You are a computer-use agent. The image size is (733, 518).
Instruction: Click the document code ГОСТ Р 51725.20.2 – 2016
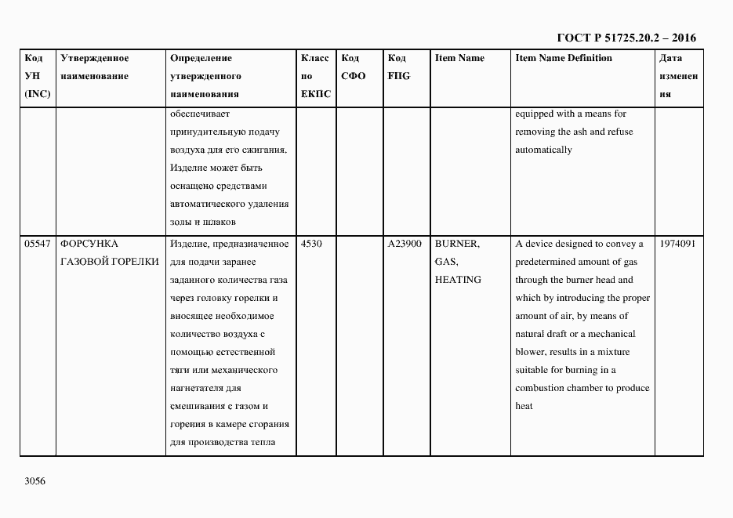(626, 38)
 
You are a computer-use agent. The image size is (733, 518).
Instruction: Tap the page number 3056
(35, 480)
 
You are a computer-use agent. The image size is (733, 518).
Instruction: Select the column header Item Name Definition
(564, 58)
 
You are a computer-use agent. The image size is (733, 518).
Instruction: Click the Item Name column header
(459, 58)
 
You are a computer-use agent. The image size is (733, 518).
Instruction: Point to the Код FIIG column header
(398, 67)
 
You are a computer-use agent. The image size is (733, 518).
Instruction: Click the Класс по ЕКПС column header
(316, 76)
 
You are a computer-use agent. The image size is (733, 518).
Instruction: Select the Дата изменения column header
(678, 76)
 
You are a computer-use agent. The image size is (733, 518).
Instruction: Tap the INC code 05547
(38, 244)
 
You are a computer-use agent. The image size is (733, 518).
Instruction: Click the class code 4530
(312, 244)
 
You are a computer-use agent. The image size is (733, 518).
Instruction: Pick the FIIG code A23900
(405, 244)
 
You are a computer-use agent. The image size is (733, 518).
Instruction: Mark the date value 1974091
(679, 244)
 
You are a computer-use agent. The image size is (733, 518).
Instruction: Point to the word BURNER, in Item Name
(457, 244)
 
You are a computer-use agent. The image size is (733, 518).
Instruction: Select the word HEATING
(458, 280)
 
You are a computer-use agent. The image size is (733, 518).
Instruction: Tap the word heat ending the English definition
(524, 406)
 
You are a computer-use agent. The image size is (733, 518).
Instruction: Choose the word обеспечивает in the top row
(197, 114)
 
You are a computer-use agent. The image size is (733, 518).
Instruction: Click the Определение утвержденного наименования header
(205, 76)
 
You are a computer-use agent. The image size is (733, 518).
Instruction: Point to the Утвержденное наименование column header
(94, 67)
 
